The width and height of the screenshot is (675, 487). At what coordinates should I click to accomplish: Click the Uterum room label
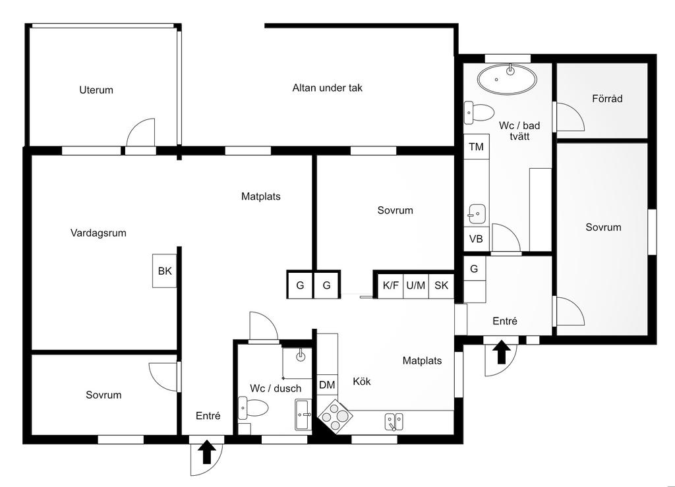point(96,90)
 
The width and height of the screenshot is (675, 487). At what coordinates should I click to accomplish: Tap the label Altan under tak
point(327,88)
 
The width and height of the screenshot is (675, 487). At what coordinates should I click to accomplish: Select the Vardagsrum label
point(98,233)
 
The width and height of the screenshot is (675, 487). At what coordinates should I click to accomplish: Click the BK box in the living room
point(164,271)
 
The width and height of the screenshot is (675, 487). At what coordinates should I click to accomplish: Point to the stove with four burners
point(335,415)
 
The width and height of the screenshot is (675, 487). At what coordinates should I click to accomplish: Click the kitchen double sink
point(394,422)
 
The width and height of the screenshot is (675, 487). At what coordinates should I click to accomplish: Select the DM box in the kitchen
point(327,385)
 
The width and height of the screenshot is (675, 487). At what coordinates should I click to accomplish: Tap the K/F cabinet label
point(390,285)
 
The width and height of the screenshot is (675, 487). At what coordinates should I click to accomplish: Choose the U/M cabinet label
point(415,285)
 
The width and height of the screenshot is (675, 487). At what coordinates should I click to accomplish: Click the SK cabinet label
point(441,285)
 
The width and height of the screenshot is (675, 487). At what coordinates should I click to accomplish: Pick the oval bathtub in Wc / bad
point(507,79)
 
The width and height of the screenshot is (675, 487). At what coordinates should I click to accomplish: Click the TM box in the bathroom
point(476,147)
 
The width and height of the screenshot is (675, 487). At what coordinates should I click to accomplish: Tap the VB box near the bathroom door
point(476,239)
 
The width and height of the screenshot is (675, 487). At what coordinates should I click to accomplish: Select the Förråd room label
point(607,98)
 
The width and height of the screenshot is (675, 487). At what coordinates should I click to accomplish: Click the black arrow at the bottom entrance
point(206,451)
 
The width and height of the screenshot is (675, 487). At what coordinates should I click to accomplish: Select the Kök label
point(362,382)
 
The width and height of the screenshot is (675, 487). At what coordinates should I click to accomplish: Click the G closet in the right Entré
point(474,269)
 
